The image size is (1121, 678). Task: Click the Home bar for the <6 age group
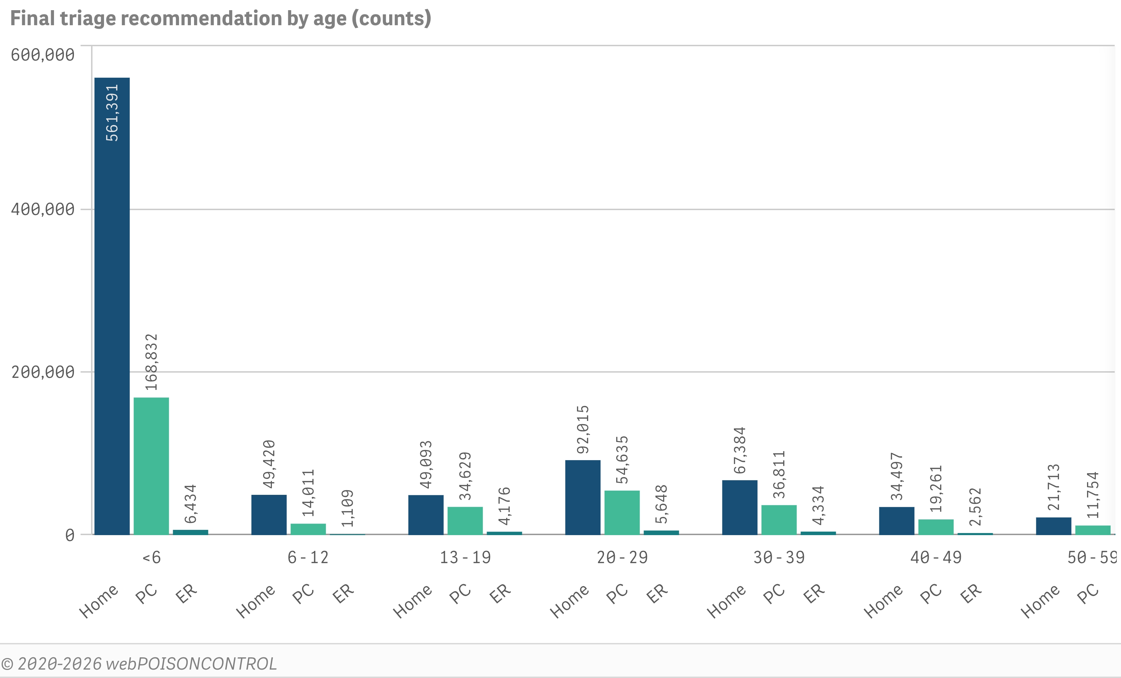point(112,306)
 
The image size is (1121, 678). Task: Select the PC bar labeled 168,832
point(151,466)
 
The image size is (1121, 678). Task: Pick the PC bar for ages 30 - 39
point(779,520)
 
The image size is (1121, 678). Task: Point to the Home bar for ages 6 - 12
point(269,515)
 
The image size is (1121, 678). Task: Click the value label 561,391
point(112,113)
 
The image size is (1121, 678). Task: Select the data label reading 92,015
point(583,430)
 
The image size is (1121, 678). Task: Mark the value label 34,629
point(465,476)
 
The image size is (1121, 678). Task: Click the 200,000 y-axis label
point(43,372)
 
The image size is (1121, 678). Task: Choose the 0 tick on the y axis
point(70,535)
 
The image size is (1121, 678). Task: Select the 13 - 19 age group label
point(465,558)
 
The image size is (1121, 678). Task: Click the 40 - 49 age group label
point(936,558)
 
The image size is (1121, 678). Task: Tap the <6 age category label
point(151,558)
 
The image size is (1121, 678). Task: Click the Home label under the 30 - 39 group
point(726,601)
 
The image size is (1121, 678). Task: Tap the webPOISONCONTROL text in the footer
point(191,664)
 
